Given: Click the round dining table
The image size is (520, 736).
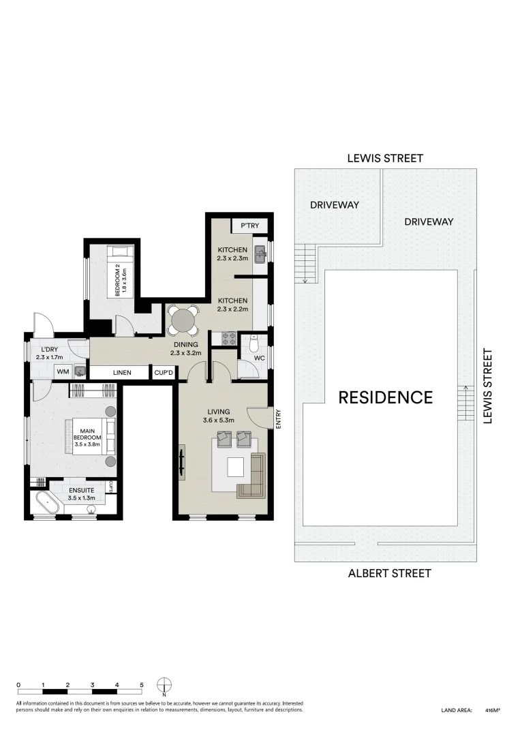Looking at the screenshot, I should coord(183,319).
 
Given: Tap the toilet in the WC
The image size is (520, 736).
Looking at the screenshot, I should coord(254,343).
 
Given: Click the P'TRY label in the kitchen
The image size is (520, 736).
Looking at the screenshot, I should coord(249,226).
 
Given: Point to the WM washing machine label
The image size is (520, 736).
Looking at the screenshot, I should coord(63,372).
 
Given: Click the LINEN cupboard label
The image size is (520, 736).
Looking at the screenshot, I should coord(122,373).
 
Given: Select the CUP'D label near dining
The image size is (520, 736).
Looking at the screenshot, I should coord(164,373).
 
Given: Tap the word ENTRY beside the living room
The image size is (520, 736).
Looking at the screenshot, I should coord(279,418).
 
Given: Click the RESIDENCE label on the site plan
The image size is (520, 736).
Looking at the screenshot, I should coord(385,397).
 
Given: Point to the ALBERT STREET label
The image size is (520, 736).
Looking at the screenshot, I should coord(389,573).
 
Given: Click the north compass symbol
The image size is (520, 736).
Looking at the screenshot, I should coord(164,685).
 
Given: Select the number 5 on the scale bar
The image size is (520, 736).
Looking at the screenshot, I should coord(142,684).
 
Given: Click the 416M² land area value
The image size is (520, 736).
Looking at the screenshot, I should coord(493,710).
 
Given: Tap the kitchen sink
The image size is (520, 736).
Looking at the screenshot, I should coord(260,255).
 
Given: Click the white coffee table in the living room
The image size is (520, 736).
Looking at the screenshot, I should coord(236,466).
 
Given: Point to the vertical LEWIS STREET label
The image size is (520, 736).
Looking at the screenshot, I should coord(487,386).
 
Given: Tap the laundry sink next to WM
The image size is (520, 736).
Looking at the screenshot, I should coord(80,372).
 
